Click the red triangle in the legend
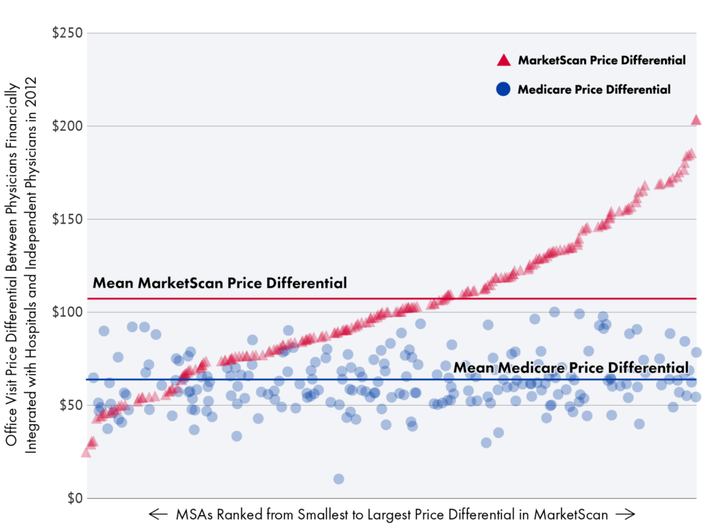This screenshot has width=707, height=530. point(503,61)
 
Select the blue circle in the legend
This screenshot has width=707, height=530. point(503,89)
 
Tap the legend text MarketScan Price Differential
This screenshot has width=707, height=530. point(601,61)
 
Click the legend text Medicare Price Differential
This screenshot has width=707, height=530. point(594,89)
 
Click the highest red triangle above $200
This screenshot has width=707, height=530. point(695,120)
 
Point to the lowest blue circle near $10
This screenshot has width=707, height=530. point(338,479)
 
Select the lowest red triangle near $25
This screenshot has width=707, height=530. point(86,452)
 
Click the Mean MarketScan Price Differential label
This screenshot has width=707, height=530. point(220,283)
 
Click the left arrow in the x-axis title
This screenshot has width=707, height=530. point(158,514)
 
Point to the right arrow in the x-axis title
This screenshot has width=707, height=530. point(623,514)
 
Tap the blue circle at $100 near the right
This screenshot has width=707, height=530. point(554,312)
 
